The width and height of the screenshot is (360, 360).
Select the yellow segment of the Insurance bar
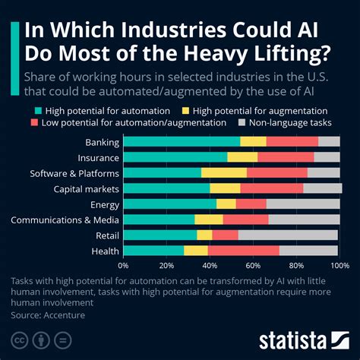[x=242, y=157]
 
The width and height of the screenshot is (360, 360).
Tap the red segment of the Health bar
[x=243, y=250]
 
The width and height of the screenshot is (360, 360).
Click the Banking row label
[x=102, y=142]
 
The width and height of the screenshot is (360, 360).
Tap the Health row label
[x=105, y=250]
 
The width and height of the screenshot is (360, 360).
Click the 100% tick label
[x=339, y=266]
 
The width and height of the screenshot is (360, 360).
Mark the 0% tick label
[x=123, y=266]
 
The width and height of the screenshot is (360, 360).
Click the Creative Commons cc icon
[x=21, y=338]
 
